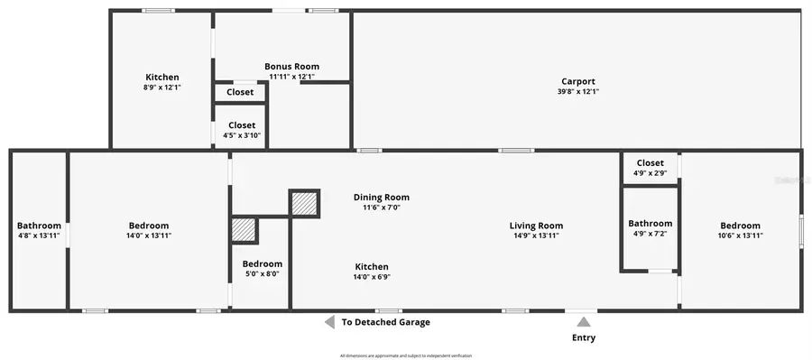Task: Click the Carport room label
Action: click(x=578, y=81)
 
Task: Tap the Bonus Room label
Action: click(x=291, y=67)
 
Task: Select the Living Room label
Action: click(x=536, y=226)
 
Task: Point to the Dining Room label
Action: click(x=381, y=197)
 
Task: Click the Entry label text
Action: click(x=584, y=338)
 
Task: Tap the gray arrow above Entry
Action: click(x=584, y=321)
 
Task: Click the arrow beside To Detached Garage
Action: click(x=329, y=322)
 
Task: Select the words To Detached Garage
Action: click(x=385, y=322)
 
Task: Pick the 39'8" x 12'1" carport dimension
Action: click(x=578, y=91)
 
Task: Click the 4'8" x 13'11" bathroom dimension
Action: click(x=39, y=235)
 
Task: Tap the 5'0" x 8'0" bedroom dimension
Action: click(x=262, y=273)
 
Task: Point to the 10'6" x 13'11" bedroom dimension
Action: click(x=740, y=235)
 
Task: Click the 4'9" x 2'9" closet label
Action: click(x=650, y=172)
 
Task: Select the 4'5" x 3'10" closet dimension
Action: click(x=242, y=135)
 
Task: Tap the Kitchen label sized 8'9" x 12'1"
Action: click(x=162, y=78)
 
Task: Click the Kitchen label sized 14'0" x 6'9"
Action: click(x=372, y=266)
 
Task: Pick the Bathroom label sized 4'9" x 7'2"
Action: click(x=650, y=223)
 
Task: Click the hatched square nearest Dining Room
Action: click(x=304, y=204)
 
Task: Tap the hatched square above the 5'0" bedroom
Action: click(x=245, y=229)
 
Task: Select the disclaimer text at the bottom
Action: click(x=406, y=355)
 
